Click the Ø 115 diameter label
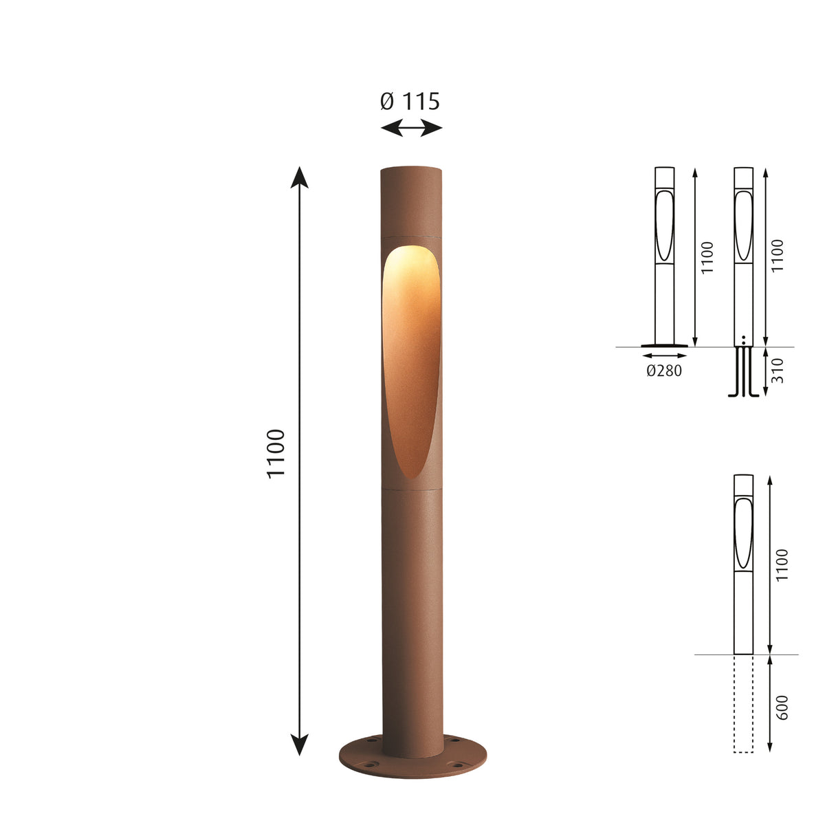(410, 102)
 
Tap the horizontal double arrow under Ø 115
(411, 127)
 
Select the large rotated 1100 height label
(276, 454)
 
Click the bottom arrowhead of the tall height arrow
(299, 745)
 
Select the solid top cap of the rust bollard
(410, 199)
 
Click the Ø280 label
(664, 372)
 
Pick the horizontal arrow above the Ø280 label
(664, 355)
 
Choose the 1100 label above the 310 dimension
(777, 256)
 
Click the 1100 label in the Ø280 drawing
(708, 258)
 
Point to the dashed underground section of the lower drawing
(744, 703)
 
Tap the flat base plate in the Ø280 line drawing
(664, 346)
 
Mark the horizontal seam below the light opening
(410, 488)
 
